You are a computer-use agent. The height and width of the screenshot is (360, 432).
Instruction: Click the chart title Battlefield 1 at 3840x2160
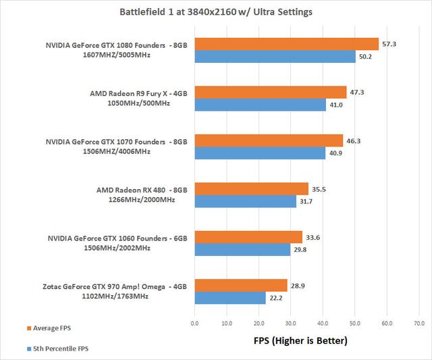[216, 11]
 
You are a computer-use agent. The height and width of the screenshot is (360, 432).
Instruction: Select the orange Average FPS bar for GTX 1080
[286, 44]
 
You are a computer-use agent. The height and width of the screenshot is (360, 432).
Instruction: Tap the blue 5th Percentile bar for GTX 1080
[275, 57]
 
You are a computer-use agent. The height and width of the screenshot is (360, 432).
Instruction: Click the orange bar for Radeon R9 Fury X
[270, 92]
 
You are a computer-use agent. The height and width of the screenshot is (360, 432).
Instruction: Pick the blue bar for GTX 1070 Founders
[260, 153]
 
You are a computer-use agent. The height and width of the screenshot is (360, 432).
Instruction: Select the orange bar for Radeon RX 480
[251, 188]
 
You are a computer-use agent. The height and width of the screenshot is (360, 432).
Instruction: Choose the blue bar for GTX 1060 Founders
[242, 249]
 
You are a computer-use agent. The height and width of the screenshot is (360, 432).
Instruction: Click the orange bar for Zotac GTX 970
[241, 285]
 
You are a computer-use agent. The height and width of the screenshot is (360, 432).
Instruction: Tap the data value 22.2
[275, 298]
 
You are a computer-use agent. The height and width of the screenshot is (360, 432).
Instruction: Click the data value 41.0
[336, 105]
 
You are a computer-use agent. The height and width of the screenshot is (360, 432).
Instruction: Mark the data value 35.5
[319, 188]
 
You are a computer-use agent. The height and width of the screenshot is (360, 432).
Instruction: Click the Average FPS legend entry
[48, 328]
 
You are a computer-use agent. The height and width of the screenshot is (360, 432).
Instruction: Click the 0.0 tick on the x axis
[194, 324]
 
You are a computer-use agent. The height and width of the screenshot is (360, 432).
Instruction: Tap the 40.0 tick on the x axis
[323, 324]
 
